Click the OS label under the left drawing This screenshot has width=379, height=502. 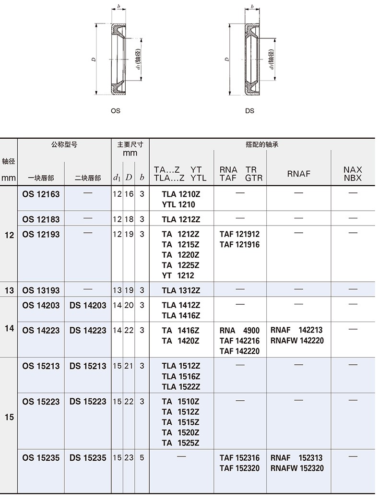115,111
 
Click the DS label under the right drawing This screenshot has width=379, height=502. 249,111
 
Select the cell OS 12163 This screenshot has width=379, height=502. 41,194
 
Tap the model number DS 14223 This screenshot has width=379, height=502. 88,330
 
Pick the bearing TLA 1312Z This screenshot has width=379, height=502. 181,290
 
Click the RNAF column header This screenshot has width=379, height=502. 299,174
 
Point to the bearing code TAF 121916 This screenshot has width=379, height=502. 239,245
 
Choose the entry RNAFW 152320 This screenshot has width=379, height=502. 297,468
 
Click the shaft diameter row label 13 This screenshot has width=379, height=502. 9,290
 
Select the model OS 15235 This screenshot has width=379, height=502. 41,458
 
